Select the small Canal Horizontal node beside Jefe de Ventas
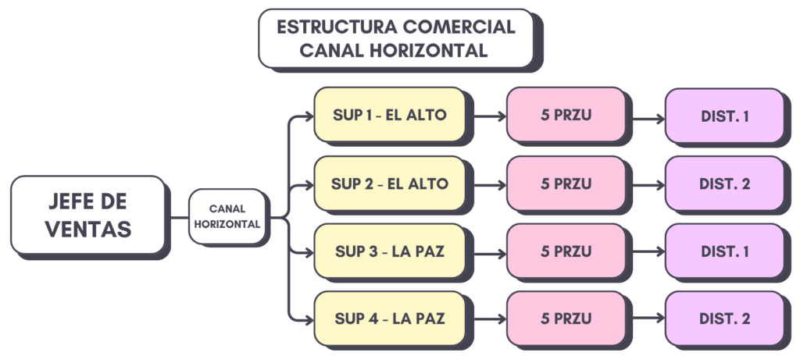pyautogui.click(x=227, y=216)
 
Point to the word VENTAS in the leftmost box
pyautogui.click(x=88, y=229)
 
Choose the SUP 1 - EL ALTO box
pyautogui.click(x=389, y=116)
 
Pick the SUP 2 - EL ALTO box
pyautogui.click(x=389, y=184)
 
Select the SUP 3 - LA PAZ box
pyautogui.click(x=389, y=251)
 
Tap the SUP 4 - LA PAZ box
pyautogui.click(x=389, y=319)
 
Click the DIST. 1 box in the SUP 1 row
pyautogui.click(x=724, y=116)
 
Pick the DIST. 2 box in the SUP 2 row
pyautogui.click(x=724, y=184)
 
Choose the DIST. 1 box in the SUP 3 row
pyautogui.click(x=724, y=251)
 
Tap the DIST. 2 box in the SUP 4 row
pyautogui.click(x=724, y=319)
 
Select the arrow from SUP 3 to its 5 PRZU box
pyautogui.click(x=488, y=253)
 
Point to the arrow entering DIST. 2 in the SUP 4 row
pyautogui.click(x=647, y=320)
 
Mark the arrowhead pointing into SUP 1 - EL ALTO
pyautogui.click(x=307, y=119)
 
